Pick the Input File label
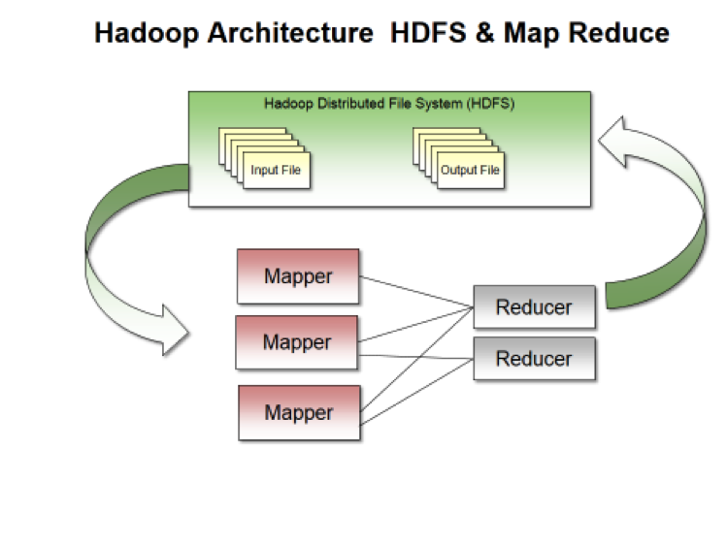(277, 171)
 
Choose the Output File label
(471, 171)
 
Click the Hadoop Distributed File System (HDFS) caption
(389, 102)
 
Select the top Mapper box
(298, 276)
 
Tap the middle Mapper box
(298, 342)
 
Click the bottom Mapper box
(298, 413)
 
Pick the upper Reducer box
(534, 307)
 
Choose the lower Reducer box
(534, 359)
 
